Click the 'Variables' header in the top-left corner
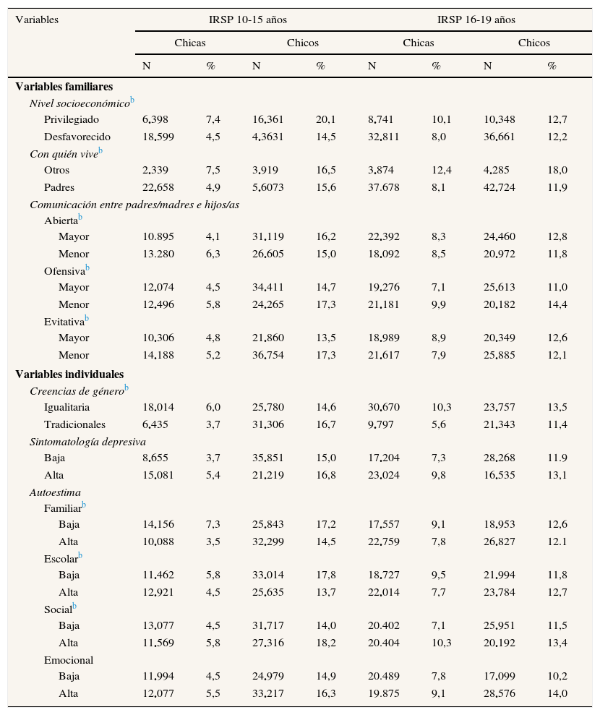tap(37, 20)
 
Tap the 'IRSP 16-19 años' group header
tap(476, 20)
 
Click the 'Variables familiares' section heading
tap(64, 87)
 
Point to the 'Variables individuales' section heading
tap(69, 374)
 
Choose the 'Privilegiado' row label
tap(72, 119)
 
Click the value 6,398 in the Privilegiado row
tap(157, 119)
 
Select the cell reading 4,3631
tap(269, 137)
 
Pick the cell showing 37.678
tap(383, 187)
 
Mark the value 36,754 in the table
tap(267, 355)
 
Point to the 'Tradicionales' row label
tap(74, 424)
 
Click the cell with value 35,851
tap(267, 458)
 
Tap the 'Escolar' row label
tap(61, 558)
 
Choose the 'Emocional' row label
tap(69, 659)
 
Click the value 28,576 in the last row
tap(499, 693)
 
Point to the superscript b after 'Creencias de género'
tap(127, 388)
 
